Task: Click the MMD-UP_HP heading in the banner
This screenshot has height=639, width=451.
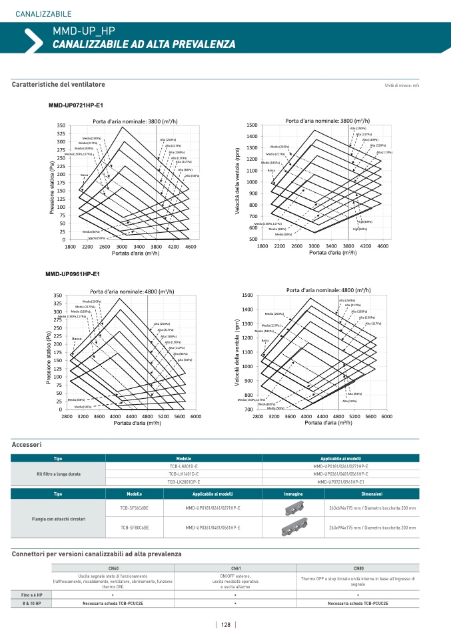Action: (x=83, y=31)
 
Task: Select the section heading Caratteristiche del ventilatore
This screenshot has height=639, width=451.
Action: (x=58, y=85)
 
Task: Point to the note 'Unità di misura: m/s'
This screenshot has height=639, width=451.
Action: (x=402, y=85)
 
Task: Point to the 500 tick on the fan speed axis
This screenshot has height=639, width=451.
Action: (x=252, y=239)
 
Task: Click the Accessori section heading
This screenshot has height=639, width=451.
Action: (x=27, y=444)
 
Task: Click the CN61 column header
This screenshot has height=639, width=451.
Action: (x=235, y=567)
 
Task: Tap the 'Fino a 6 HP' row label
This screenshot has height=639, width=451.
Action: (x=31, y=594)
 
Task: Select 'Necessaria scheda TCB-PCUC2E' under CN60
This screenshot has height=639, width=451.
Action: (x=111, y=602)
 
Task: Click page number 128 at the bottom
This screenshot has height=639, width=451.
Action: (x=226, y=625)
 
